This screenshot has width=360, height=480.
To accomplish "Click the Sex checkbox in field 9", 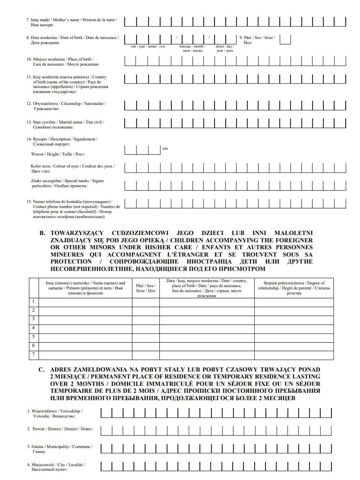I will [x=285, y=39].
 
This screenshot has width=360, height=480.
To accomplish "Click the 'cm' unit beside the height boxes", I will [x=165, y=148].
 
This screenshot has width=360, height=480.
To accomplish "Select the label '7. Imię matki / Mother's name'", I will [x=71, y=22].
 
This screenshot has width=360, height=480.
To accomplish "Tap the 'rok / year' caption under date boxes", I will [x=147, y=46].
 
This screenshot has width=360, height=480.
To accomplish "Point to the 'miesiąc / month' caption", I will [x=192, y=48].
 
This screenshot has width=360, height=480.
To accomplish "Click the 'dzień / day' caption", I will [x=225, y=48].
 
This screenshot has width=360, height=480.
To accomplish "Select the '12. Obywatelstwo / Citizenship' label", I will [x=66, y=106].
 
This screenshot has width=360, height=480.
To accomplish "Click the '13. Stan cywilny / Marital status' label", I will [x=65, y=124].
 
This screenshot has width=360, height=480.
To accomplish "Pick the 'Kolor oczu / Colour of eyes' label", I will [x=72, y=168].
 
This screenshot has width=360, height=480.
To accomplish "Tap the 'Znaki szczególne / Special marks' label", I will [x=67, y=183].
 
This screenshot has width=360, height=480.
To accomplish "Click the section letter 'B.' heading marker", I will [x=42, y=233].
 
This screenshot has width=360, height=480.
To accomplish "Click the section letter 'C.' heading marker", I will [x=42, y=369].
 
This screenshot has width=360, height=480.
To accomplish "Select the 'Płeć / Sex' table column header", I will [x=145, y=288].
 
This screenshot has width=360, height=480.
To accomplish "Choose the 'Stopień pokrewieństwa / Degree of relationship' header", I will [x=294, y=288].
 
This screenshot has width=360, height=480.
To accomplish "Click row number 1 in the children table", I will [x=34, y=301].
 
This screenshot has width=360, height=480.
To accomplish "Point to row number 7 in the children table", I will [x=34, y=354].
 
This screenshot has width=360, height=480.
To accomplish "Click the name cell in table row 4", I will [x=85, y=328].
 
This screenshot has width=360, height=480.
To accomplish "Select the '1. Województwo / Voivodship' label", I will [x=55, y=413].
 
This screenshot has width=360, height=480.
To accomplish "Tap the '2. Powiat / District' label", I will [x=60, y=429].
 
